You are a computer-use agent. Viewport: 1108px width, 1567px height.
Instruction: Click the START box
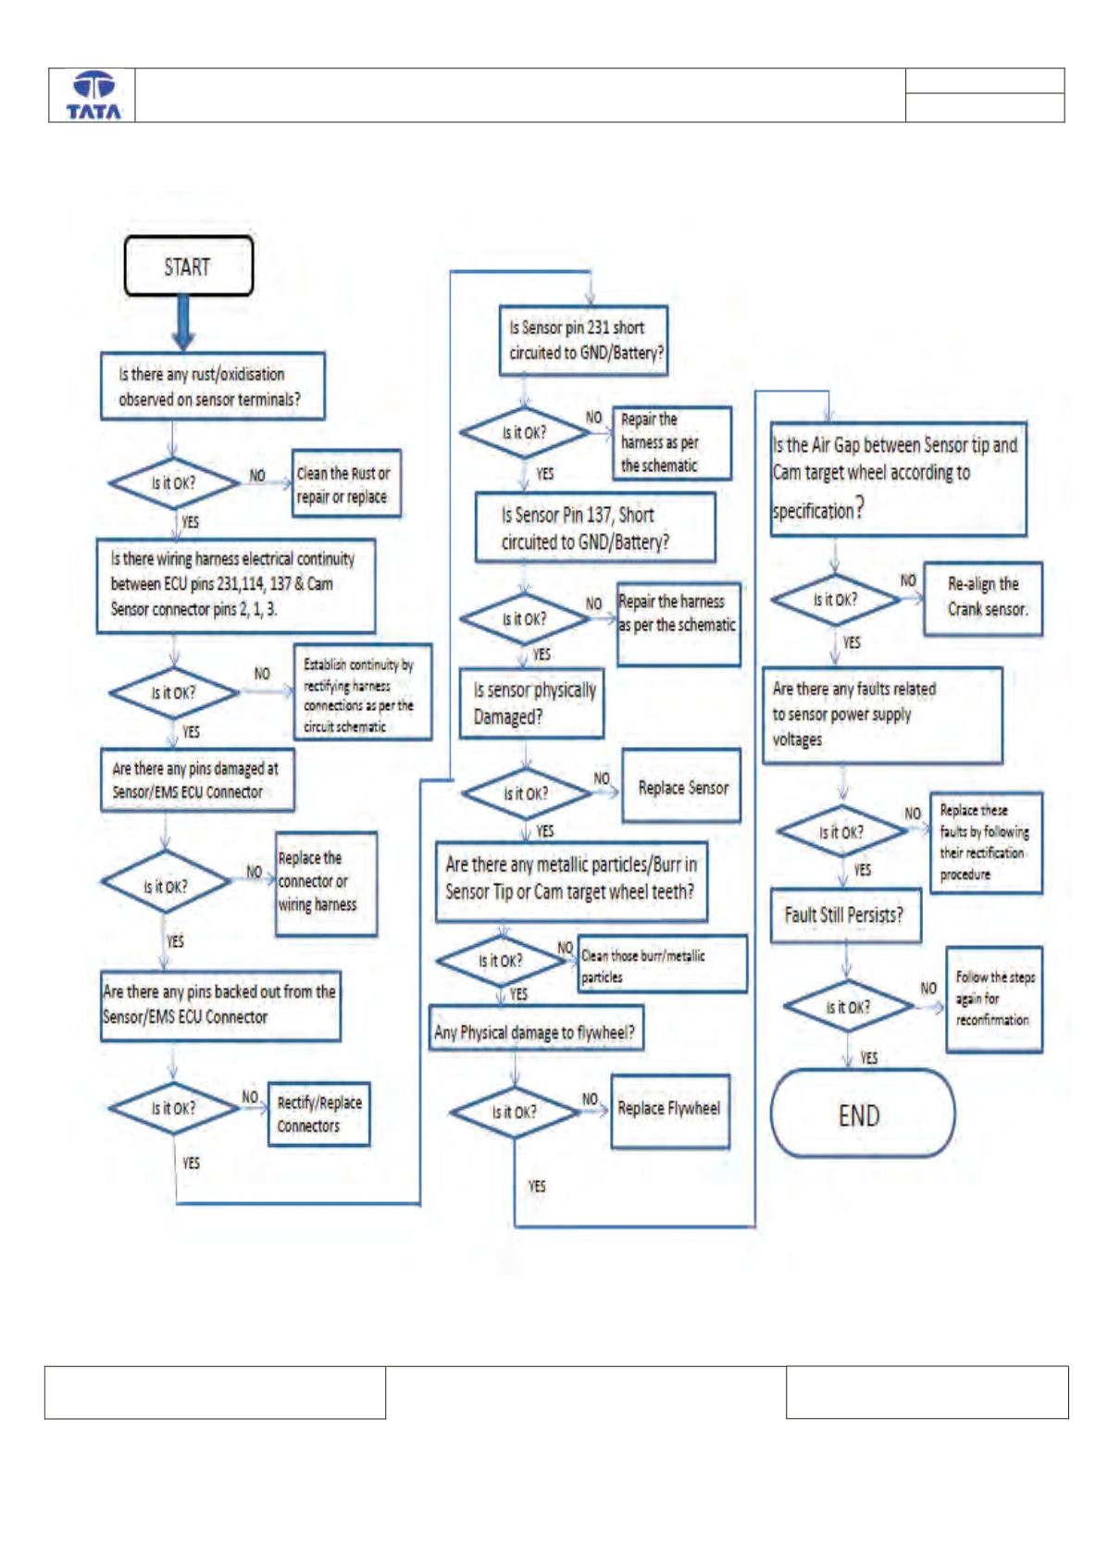[x=188, y=266]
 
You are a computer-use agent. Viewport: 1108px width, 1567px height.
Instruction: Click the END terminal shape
[x=862, y=1114]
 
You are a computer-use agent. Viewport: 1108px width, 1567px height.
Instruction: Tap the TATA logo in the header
[x=93, y=95]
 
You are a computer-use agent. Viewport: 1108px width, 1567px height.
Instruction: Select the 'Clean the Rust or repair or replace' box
[x=346, y=483]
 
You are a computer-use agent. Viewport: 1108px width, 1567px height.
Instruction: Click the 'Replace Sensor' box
[x=681, y=786]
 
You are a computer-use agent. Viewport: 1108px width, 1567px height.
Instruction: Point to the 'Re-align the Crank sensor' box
[x=983, y=599]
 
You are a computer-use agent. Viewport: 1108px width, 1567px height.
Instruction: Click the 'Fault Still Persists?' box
[x=846, y=915]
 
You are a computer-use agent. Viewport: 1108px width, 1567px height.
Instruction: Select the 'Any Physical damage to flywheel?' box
[x=536, y=1027]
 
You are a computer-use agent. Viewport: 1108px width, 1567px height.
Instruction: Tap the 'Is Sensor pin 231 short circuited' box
[x=583, y=341]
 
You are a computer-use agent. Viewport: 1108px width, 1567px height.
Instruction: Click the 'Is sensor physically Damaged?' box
[x=531, y=703]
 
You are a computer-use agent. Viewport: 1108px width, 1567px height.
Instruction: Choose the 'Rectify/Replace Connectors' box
[x=319, y=1114]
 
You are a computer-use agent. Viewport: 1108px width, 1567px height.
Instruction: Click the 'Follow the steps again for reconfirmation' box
[x=994, y=1000]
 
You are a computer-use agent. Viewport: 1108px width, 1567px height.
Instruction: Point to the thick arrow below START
[x=183, y=322]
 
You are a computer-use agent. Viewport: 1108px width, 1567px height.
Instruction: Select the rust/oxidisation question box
[x=213, y=386]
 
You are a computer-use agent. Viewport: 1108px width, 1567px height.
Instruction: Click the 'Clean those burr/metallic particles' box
[x=663, y=964]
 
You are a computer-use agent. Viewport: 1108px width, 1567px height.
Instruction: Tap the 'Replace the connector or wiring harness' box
[x=326, y=884]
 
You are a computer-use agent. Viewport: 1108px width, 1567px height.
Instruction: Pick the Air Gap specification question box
[x=898, y=479]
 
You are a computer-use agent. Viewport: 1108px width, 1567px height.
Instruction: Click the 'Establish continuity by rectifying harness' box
[x=362, y=691]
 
